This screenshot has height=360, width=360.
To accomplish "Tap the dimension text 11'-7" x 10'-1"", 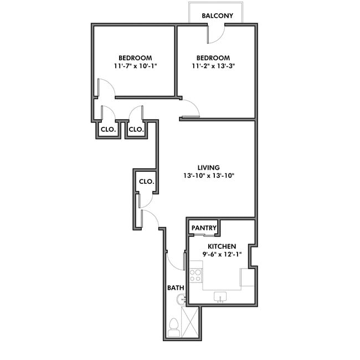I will point(135,67).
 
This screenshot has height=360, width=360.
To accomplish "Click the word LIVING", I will point(209,167).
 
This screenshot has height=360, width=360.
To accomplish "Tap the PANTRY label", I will point(204,228).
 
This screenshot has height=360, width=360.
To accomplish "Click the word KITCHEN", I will point(222,246).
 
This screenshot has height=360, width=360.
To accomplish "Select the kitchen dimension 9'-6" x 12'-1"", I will point(222,255).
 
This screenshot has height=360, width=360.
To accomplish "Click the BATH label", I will point(176,288).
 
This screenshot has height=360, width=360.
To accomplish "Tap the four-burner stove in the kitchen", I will point(196,275).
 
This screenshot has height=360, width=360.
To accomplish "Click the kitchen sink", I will point(220,297).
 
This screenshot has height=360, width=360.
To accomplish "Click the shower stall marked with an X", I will point(190,322).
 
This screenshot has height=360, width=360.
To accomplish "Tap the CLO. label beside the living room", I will point(146,182).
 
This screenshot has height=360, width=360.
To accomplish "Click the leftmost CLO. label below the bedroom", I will point(107,130).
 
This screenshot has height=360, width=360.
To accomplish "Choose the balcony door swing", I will point(216,34).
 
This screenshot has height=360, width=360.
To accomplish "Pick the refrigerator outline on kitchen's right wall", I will point(247,277).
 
